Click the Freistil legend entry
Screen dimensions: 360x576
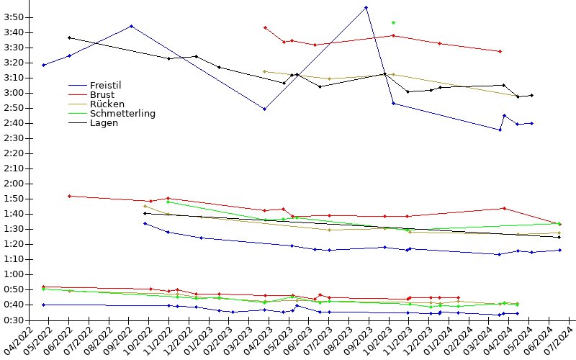(x=105, y=85)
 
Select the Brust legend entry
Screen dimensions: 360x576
(x=102, y=94)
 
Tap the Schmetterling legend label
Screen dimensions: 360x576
(x=122, y=113)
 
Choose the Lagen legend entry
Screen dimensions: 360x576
(x=104, y=122)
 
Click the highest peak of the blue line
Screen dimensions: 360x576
(x=366, y=7)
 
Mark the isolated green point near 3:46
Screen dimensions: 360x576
(x=393, y=22)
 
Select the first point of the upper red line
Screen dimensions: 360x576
(x=265, y=27)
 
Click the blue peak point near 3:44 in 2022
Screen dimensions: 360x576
(x=131, y=26)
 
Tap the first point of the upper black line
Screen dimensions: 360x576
(x=69, y=37)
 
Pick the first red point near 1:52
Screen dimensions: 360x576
(x=69, y=196)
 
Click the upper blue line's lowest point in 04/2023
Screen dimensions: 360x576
(x=265, y=109)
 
